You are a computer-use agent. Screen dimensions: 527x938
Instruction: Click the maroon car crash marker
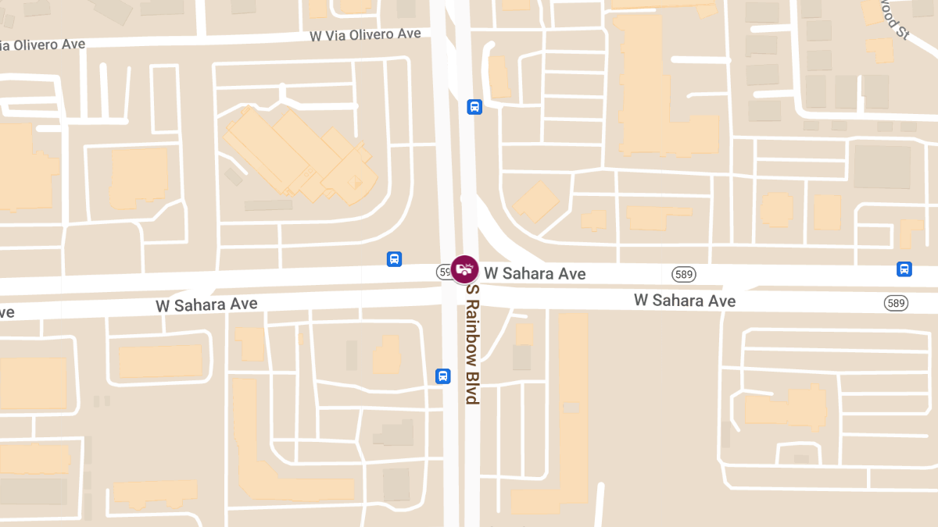(x=465, y=269)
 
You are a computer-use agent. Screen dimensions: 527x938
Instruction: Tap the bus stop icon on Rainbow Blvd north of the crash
(x=474, y=107)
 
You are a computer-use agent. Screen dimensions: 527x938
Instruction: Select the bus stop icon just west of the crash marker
(x=395, y=258)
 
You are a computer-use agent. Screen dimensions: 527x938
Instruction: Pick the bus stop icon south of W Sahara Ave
(x=443, y=376)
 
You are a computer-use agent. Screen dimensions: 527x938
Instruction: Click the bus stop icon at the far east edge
(x=904, y=269)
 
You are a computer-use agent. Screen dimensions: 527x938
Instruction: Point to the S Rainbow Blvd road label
(x=471, y=344)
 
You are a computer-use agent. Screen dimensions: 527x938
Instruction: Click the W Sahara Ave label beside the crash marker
(x=535, y=273)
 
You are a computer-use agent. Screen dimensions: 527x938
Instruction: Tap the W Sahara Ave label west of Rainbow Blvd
(x=206, y=304)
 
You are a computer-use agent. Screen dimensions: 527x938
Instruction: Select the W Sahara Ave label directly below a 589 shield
(x=684, y=300)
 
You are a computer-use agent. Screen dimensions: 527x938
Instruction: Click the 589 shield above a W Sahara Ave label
(x=683, y=274)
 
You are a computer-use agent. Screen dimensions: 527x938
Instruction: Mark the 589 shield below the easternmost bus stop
(x=896, y=302)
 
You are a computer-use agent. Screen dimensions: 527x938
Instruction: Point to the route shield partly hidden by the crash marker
(x=444, y=272)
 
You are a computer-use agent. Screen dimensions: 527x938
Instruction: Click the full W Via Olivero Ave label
(x=365, y=35)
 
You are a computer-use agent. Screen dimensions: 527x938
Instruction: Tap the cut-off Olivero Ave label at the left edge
(x=43, y=45)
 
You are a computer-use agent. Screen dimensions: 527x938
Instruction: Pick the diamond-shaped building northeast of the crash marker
(x=536, y=202)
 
